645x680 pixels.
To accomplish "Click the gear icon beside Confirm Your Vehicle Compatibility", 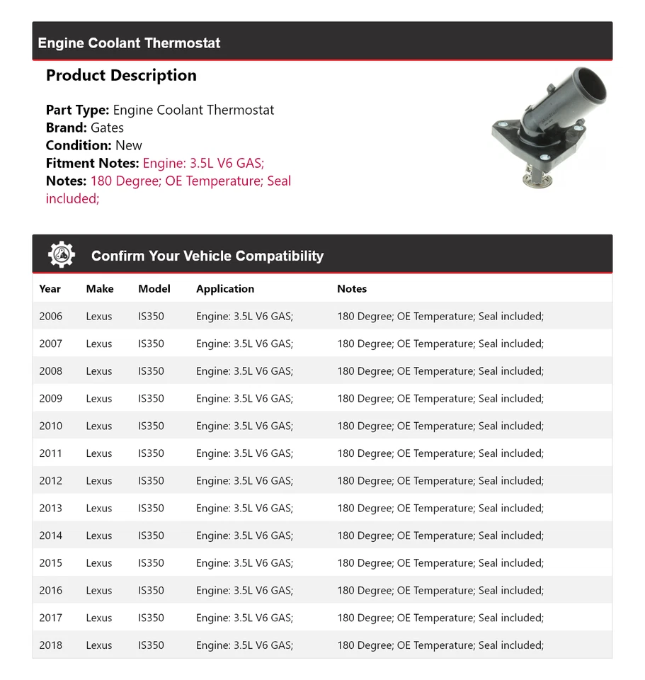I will (62, 255).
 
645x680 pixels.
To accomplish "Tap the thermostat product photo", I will (549, 127).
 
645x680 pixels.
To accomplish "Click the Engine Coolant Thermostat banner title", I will (129, 43).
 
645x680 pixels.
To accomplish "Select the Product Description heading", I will (121, 76).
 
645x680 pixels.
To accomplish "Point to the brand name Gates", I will (107, 127).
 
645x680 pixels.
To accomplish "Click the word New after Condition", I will (129, 145).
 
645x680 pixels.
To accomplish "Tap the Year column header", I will (50, 289).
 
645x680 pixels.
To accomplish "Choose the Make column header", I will (100, 289).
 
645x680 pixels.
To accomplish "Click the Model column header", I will (154, 289).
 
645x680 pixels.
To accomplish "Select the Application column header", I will (225, 289).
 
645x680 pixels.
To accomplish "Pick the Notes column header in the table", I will (352, 289).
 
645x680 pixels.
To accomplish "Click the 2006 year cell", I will (51, 317).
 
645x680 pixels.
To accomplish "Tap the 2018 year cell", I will (51, 645).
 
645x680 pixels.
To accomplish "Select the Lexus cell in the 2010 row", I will (99, 426).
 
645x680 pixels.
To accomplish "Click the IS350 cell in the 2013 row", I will (151, 509).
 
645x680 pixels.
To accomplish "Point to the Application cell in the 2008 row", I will (244, 371).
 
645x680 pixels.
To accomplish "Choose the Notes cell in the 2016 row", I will (440, 591).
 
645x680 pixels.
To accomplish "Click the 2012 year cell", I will (51, 481).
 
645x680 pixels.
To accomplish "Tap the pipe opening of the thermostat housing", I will (589, 84).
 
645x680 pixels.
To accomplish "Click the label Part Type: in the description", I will (77, 110).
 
